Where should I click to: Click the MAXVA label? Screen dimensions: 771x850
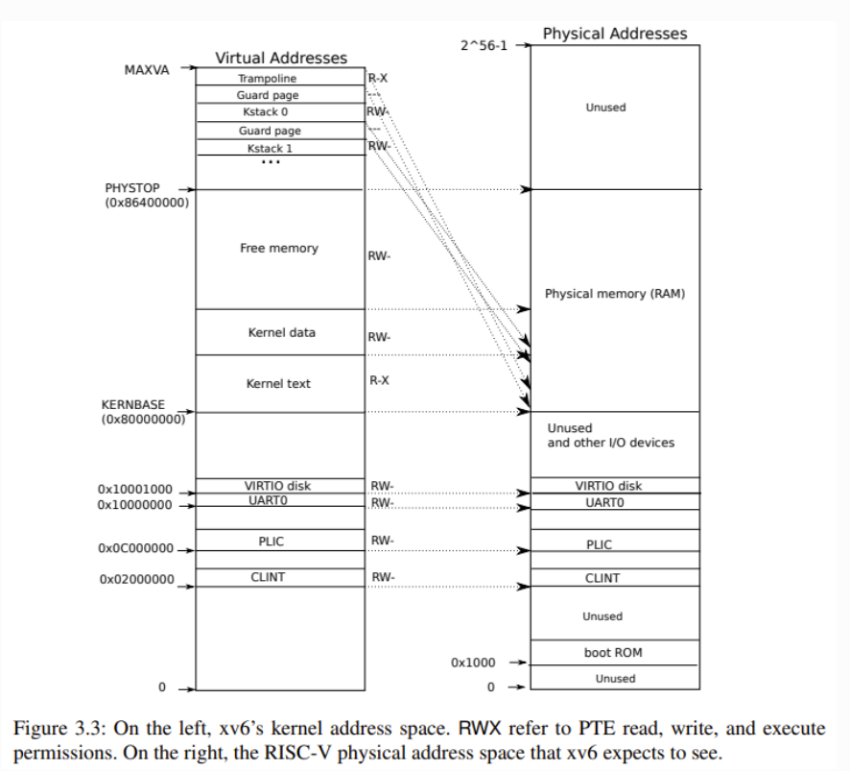tap(147, 70)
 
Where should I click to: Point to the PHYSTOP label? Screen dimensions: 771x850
tap(132, 188)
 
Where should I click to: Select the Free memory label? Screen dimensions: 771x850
tap(278, 248)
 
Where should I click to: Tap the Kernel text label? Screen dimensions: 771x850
tap(278, 383)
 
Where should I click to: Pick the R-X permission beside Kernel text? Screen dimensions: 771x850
tap(379, 380)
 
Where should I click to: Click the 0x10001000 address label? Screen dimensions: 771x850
tap(134, 489)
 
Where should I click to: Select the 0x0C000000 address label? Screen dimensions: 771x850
tap(135, 548)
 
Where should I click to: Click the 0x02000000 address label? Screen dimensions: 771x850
tap(136, 579)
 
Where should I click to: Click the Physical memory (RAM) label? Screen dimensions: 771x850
tap(615, 293)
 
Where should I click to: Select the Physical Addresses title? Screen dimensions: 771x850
tap(615, 34)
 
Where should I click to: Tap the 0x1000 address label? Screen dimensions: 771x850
tap(474, 663)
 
